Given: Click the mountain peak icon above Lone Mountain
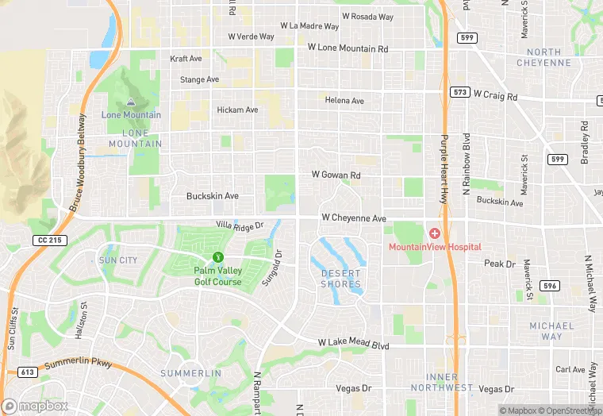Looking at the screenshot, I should point(131,102).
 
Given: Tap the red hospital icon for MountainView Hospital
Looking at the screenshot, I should point(434,233).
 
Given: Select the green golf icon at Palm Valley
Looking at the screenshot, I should point(217,257).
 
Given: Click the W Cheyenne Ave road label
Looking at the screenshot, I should point(353,218).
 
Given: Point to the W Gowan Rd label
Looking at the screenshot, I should point(336,175).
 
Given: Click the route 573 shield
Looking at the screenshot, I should point(459,92).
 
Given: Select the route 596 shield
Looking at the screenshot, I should point(550,285).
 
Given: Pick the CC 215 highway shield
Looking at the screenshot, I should point(48,240).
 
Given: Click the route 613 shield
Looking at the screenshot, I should point(29,372).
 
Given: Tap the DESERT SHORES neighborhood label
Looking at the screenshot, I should point(340,279).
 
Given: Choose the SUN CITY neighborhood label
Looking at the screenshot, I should point(117,260).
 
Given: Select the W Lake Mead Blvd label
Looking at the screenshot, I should point(353,344).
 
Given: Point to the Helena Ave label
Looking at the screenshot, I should point(344,101).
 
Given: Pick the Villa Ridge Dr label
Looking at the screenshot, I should point(239,227).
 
